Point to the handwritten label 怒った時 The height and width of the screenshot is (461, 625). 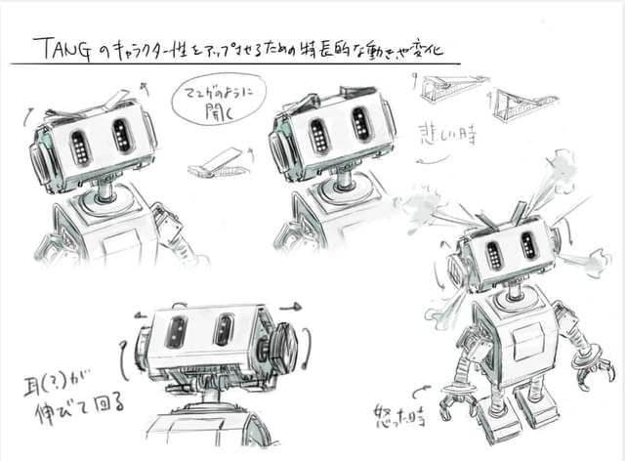click(401, 415)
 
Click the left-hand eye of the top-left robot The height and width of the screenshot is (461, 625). click(81, 147)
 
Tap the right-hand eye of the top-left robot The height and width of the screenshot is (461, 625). click(122, 136)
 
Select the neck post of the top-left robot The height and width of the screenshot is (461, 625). click(104, 188)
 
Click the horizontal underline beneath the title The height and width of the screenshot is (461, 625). click(234, 64)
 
